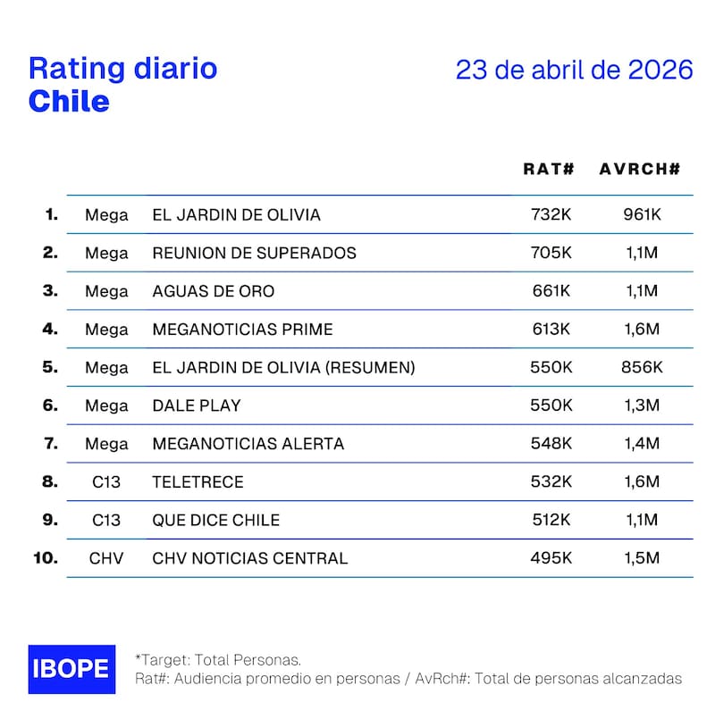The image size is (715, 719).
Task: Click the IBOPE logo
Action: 71,669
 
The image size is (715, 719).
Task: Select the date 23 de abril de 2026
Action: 574,71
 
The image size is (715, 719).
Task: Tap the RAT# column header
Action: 548,169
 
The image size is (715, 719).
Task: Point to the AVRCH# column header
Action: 640,169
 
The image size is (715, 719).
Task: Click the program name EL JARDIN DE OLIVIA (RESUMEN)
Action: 283,367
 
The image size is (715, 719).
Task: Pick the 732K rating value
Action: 551,215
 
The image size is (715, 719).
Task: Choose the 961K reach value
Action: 643,215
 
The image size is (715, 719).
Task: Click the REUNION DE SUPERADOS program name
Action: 254,253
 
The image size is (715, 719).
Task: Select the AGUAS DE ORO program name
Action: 214,291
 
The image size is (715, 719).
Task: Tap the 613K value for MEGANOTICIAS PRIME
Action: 551,330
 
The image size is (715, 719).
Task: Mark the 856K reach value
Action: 643,367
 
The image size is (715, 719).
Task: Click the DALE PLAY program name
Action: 197,405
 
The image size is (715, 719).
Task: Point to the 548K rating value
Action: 551,444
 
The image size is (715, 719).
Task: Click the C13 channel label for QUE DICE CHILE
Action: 106,521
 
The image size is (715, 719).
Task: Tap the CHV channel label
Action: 106,559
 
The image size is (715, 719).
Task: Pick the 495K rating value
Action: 551,559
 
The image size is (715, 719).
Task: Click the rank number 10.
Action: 45,558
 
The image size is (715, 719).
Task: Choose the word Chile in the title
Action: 69,101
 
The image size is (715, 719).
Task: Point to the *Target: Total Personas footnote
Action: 217,660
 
